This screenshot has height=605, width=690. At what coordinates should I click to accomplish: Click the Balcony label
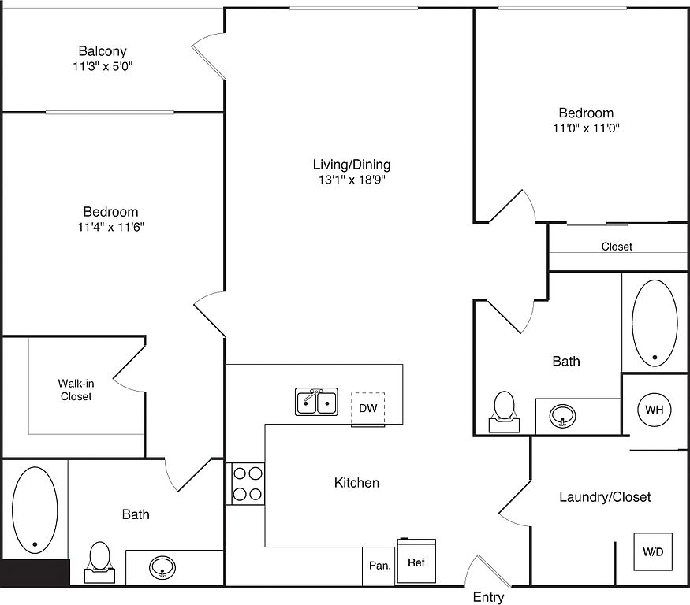[x=103, y=51]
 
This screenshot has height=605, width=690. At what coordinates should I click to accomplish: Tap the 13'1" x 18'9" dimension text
[x=352, y=180]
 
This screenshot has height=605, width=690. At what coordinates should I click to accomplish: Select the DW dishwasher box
[x=368, y=410]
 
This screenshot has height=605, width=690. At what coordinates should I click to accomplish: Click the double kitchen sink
[x=316, y=402]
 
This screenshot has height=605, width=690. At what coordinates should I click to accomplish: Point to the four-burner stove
[x=248, y=484]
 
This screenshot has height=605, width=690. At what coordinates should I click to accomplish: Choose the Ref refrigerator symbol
[x=416, y=561]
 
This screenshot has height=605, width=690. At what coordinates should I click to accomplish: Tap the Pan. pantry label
[x=380, y=566]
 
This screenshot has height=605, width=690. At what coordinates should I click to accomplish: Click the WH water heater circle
[x=654, y=410]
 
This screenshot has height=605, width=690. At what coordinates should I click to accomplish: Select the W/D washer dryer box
[x=653, y=551]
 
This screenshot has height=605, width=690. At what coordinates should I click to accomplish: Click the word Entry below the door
[x=488, y=597]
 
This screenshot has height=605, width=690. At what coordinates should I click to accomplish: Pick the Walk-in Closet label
[x=76, y=390]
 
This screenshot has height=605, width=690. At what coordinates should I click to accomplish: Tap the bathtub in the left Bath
[x=35, y=510]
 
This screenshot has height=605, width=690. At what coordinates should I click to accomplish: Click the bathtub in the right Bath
[x=655, y=323]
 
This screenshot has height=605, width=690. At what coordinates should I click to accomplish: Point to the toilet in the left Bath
[x=99, y=562]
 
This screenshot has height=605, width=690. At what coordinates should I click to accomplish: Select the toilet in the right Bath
[x=505, y=412]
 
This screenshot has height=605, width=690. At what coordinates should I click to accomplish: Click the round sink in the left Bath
[x=162, y=568]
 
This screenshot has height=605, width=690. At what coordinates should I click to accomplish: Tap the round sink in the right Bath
[x=562, y=416]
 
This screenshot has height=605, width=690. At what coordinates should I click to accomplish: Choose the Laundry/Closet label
[x=605, y=497]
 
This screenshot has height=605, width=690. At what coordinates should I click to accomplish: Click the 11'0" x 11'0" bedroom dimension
[x=586, y=128]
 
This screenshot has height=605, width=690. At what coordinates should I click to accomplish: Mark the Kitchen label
[x=356, y=483]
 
